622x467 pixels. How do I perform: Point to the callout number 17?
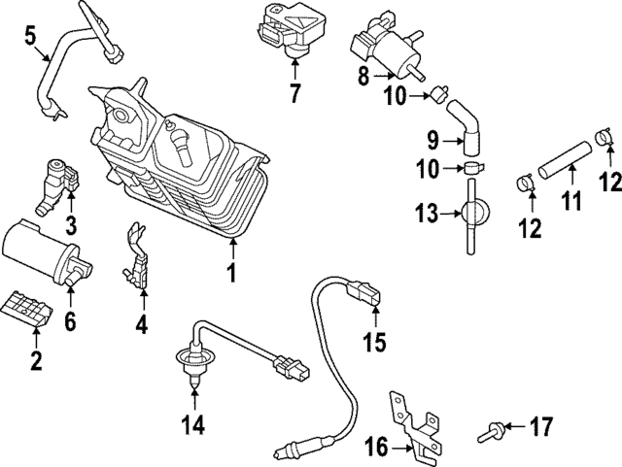[540, 427]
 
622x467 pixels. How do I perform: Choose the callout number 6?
[70, 320]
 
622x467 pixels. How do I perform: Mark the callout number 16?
[377, 448]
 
